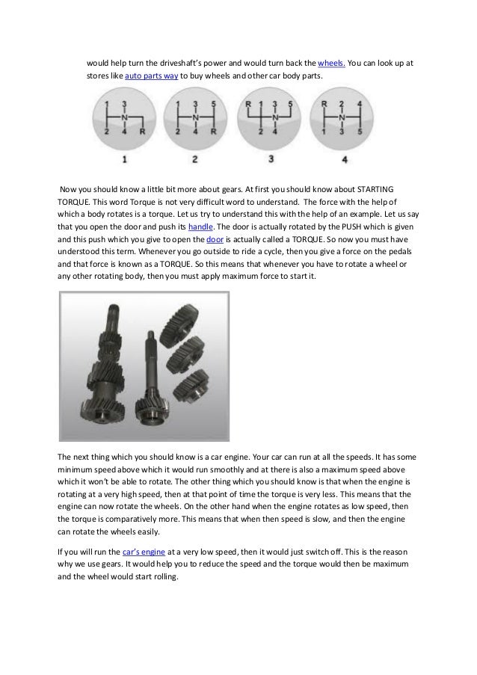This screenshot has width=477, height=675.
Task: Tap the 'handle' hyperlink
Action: (x=200, y=225)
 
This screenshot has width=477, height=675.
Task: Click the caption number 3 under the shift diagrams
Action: (x=271, y=158)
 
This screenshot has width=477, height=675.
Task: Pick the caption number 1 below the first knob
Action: (x=125, y=158)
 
